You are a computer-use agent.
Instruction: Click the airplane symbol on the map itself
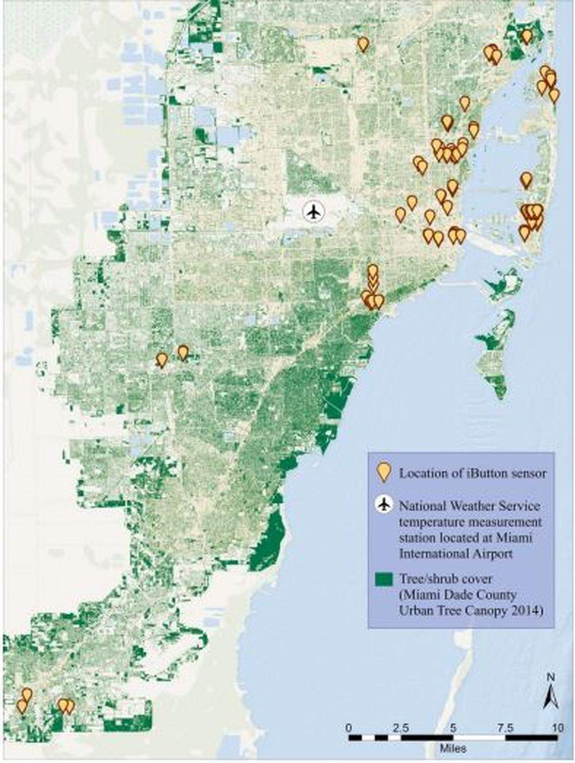(314, 211)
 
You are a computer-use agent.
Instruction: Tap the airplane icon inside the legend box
(385, 504)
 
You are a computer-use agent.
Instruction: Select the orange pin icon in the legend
(385, 473)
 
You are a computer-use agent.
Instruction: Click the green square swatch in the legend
(384, 579)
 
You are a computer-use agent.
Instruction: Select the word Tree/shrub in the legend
(424, 579)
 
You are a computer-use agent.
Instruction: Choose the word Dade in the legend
(458, 595)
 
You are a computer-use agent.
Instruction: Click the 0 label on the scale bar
(349, 728)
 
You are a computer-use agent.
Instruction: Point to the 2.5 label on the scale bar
(400, 728)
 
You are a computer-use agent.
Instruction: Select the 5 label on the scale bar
(452, 728)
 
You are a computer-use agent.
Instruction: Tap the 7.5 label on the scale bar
(505, 728)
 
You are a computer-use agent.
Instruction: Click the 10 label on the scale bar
(557, 728)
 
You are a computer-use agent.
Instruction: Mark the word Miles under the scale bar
(452, 748)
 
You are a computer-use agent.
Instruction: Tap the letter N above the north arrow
(551, 677)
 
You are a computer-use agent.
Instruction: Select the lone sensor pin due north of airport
(363, 44)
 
